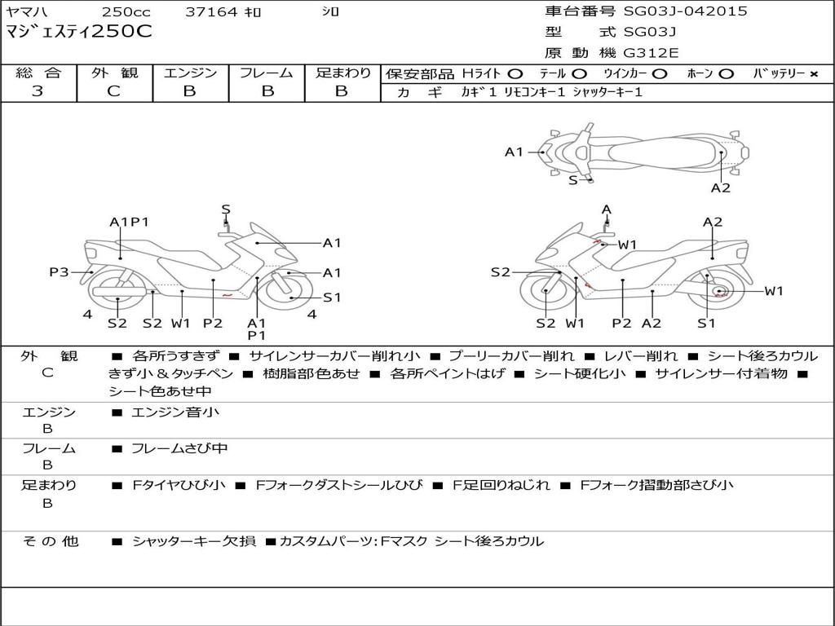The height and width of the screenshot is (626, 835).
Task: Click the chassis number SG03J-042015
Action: (x=685, y=11)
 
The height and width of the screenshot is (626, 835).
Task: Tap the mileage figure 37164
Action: (x=211, y=11)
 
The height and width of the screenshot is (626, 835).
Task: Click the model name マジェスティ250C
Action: (x=79, y=32)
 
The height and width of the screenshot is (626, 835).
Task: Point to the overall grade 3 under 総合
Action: (x=38, y=91)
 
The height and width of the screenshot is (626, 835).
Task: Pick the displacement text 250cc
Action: (x=126, y=11)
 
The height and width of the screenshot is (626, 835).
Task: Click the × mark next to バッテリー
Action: (x=814, y=74)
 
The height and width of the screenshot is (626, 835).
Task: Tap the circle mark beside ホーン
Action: (x=726, y=74)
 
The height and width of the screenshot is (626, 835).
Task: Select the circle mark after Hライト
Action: (x=515, y=74)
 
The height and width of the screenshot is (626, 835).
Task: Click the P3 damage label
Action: (x=59, y=272)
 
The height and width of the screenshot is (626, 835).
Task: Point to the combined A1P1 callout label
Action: (x=129, y=222)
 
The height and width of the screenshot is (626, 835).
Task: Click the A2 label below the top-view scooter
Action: (x=721, y=188)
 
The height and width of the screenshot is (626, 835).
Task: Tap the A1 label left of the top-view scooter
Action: (x=514, y=152)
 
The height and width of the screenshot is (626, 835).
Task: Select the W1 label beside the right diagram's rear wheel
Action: (x=774, y=291)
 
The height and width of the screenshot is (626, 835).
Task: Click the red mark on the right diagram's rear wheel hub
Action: (x=719, y=293)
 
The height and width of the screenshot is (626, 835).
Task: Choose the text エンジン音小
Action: (x=175, y=412)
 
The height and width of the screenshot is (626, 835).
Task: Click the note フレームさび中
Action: (x=179, y=449)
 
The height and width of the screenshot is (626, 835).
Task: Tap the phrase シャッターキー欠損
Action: (x=194, y=541)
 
